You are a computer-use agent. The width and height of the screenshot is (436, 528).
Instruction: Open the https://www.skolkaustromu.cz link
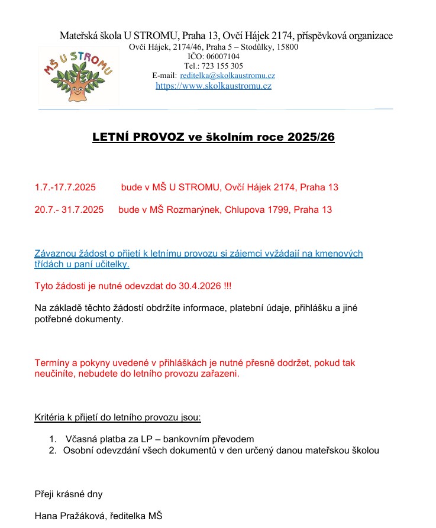214,86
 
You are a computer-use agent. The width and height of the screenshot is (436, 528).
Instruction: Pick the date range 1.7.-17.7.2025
65,187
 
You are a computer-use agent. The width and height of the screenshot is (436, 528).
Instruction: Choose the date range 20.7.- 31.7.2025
69,210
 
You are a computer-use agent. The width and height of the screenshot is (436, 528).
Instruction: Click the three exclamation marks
227,286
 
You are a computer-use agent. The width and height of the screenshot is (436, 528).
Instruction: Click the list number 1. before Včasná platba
53,439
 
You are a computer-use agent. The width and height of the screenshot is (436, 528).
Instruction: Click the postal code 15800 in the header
287,47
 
